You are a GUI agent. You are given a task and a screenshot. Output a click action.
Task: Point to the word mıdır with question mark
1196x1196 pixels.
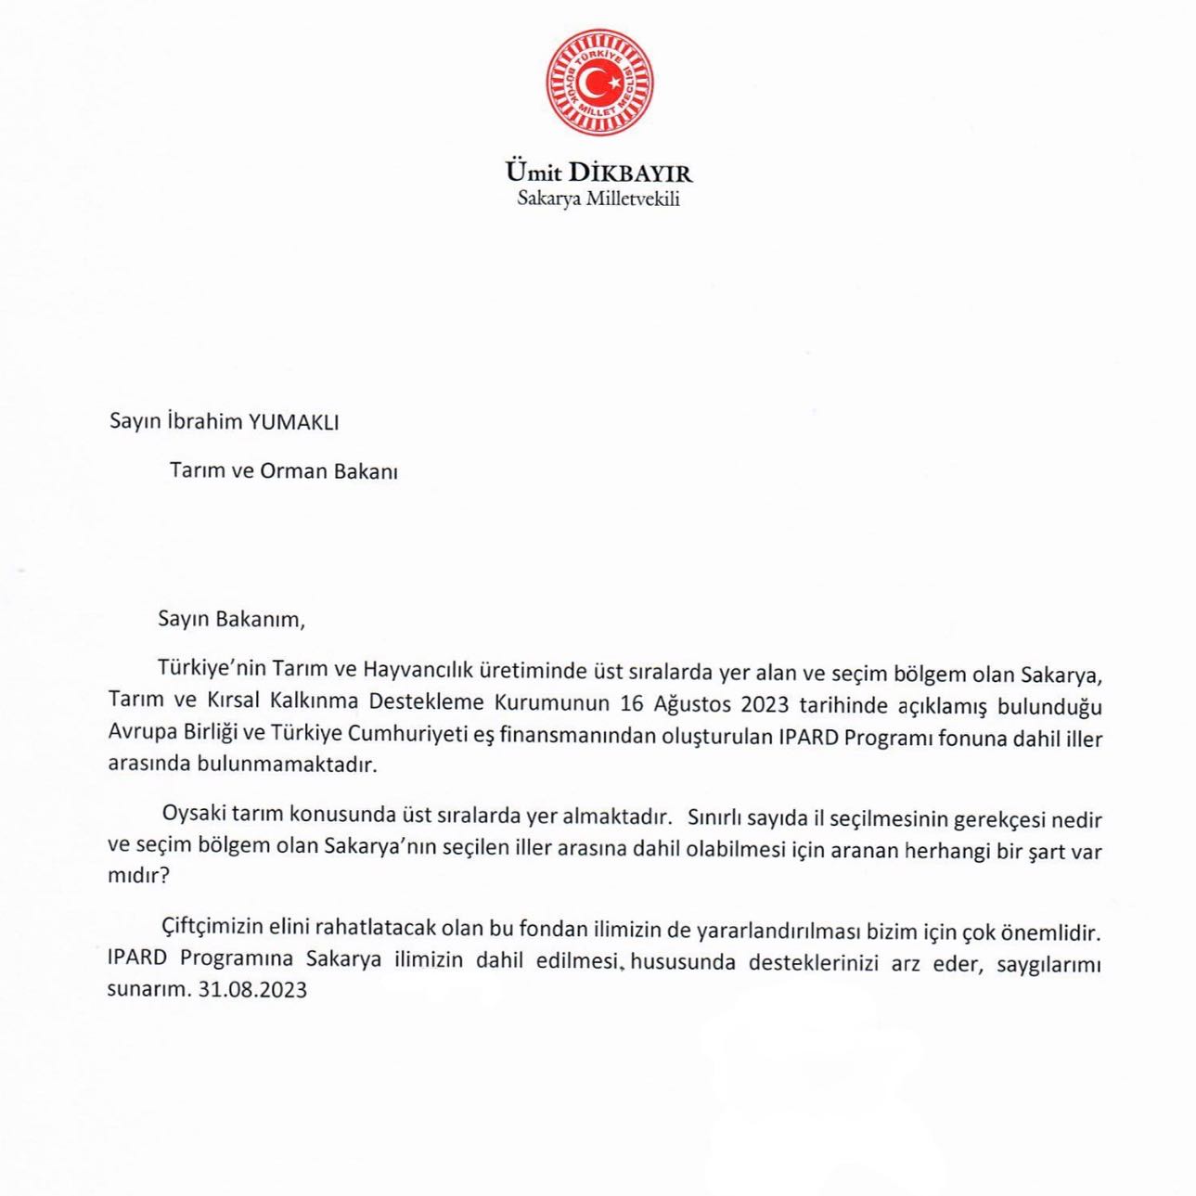(x=139, y=875)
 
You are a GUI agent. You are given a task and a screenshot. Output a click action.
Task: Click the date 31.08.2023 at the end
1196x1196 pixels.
(x=253, y=990)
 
